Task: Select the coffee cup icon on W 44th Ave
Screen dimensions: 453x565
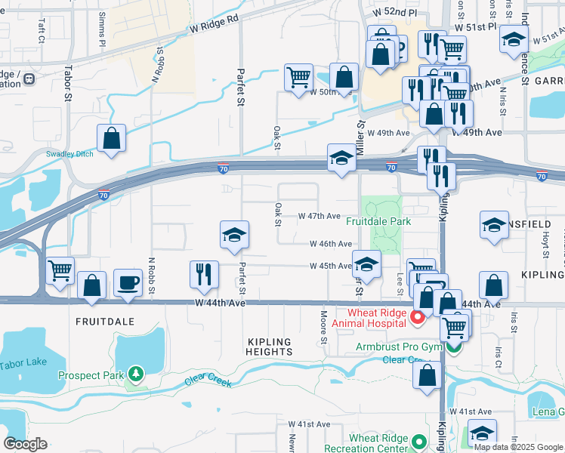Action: pos(128,284)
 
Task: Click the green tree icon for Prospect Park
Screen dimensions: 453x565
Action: pos(135,374)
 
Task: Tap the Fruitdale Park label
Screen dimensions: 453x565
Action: pos(379,221)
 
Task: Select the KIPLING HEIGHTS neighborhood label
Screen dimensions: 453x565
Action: pos(270,347)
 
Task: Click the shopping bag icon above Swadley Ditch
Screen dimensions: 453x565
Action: pos(112,139)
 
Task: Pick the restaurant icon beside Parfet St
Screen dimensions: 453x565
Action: pos(203,275)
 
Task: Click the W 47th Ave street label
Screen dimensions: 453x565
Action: pos(320,216)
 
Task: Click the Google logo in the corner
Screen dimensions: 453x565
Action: pos(25,444)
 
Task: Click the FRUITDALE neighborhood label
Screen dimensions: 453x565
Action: pos(104,321)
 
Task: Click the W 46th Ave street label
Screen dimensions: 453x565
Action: pos(330,244)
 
